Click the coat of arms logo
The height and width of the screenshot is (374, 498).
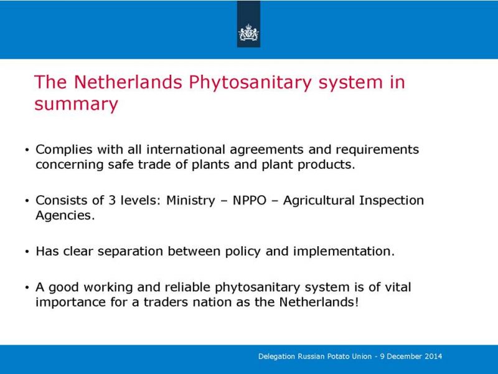pos(248,33)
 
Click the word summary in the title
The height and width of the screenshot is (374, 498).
pos(76,104)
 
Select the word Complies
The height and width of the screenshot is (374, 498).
pos(64,150)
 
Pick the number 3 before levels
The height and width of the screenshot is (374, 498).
pos(112,200)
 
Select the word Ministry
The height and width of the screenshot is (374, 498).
pos(190,201)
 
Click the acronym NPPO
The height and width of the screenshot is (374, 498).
pos(250,200)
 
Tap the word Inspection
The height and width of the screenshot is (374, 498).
pos(392,201)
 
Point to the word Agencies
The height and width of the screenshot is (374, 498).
pos(65,216)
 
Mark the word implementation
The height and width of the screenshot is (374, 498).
pos(344,252)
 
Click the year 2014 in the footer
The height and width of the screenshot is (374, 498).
pos(433,356)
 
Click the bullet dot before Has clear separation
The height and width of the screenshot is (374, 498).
pos(27,252)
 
